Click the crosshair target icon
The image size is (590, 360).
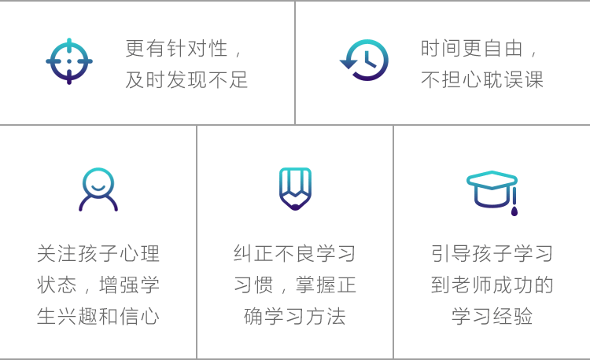(69, 61)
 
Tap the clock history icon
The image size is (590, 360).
(365, 61)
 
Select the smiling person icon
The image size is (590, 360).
(98, 189)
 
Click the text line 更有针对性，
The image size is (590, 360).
(185, 49)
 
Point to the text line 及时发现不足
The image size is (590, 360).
(186, 79)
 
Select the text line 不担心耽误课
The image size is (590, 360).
(481, 79)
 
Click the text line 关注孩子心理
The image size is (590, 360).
(98, 254)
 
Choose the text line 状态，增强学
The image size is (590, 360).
(98, 285)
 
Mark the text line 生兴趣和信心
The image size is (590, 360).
(98, 316)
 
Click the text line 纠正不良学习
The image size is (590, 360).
(295, 254)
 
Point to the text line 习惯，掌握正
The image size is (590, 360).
(295, 285)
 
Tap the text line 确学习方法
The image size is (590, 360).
(295, 316)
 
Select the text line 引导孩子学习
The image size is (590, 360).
(492, 254)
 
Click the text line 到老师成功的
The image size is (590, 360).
(492, 285)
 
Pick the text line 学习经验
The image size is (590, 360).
(492, 316)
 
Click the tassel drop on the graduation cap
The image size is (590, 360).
(514, 210)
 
